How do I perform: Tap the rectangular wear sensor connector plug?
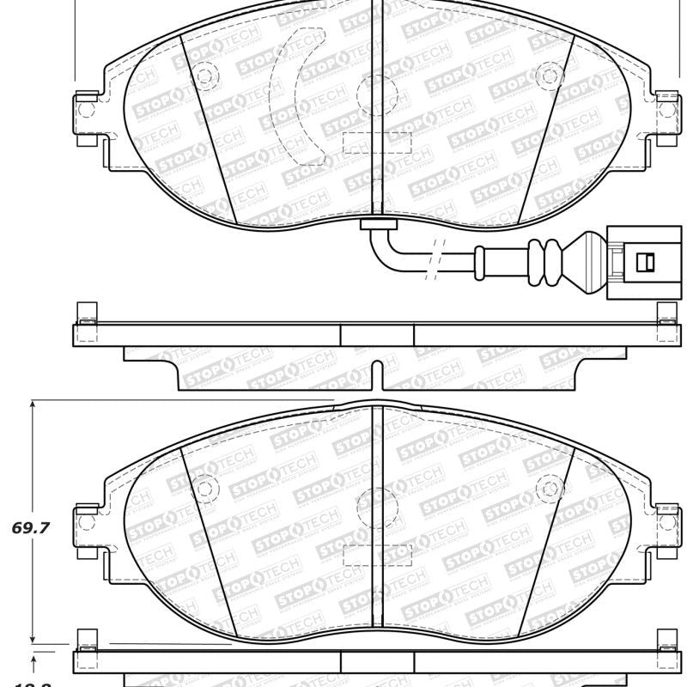634,260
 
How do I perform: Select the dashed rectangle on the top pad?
375,143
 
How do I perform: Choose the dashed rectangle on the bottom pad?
375,555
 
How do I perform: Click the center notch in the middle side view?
376,374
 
